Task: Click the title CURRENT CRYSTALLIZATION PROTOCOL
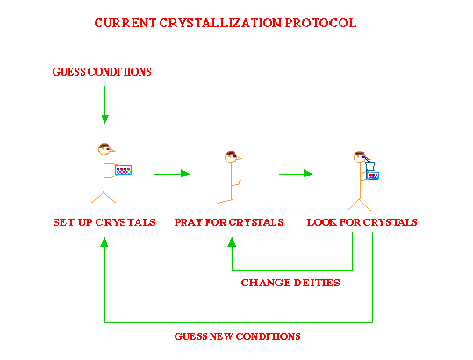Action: (x=226, y=23)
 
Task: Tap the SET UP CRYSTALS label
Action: (x=104, y=222)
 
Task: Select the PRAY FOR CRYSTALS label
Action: (x=229, y=222)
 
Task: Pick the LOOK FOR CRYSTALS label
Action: (x=362, y=222)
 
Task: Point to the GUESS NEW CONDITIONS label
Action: (x=237, y=336)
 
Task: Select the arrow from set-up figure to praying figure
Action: (x=171, y=174)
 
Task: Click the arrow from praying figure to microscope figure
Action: (x=296, y=174)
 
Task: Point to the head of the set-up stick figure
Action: (x=104, y=149)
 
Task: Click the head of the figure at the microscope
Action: (x=360, y=158)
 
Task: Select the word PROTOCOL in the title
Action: (x=319, y=23)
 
